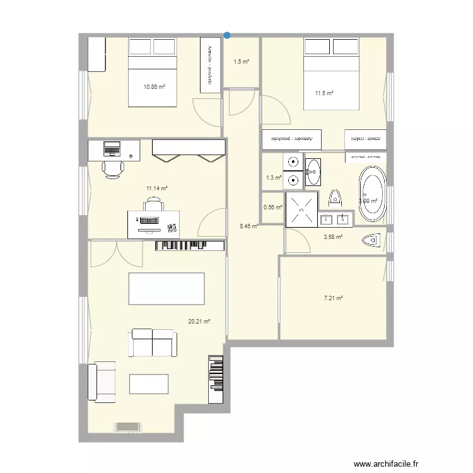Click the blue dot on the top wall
click(x=227, y=35)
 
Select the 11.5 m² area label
click(x=324, y=93)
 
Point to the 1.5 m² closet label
click(x=241, y=62)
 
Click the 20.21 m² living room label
click(x=199, y=321)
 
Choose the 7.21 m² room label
click(x=333, y=298)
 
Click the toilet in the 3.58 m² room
click(x=373, y=240)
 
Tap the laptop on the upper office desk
click(x=112, y=149)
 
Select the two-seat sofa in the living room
click(x=152, y=343)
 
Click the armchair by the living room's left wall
click(x=102, y=382)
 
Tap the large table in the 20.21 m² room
click(x=166, y=289)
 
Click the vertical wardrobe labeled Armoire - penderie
click(x=209, y=65)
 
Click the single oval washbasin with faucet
click(x=313, y=170)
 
